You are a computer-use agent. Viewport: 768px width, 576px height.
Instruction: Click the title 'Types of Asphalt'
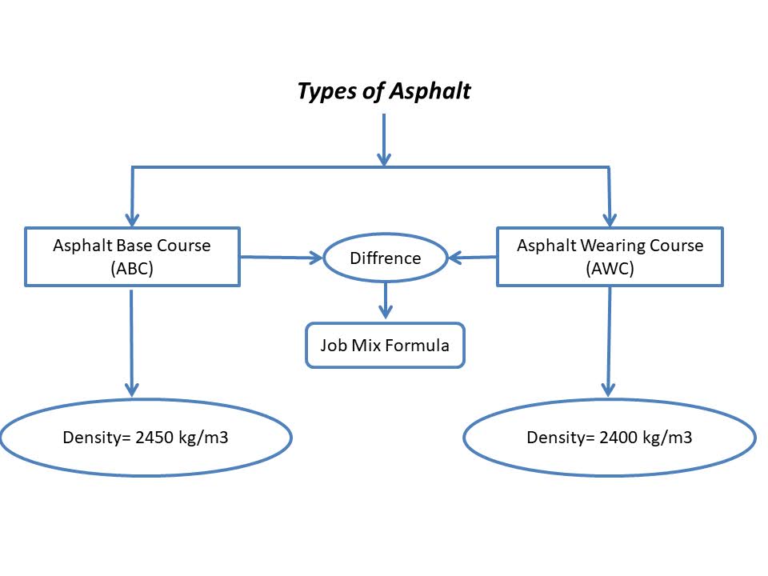384,91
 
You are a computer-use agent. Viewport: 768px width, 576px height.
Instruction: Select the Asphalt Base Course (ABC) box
132,257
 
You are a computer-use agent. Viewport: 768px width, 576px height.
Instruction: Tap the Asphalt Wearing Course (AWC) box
610,257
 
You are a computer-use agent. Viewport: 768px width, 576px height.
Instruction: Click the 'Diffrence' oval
385,258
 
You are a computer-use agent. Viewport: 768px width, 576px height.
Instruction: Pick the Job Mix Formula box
385,346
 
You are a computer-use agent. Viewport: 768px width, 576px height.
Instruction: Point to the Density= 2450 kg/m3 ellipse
146,438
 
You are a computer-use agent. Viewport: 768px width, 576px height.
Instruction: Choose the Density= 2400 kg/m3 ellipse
610,438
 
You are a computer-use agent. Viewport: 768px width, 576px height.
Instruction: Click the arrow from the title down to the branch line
384,140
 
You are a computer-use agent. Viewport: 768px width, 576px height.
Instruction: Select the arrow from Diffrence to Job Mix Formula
386,300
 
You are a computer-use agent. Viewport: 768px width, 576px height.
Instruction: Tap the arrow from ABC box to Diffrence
280,258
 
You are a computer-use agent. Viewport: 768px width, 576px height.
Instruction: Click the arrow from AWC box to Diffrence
473,258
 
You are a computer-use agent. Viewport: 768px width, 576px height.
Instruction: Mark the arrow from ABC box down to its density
132,340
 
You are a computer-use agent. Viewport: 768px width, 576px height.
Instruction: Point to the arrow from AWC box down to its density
610,340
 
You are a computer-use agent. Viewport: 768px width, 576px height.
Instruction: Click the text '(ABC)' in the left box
132,269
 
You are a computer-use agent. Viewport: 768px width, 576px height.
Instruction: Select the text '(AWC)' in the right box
610,269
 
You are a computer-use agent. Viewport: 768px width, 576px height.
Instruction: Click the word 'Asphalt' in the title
430,91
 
